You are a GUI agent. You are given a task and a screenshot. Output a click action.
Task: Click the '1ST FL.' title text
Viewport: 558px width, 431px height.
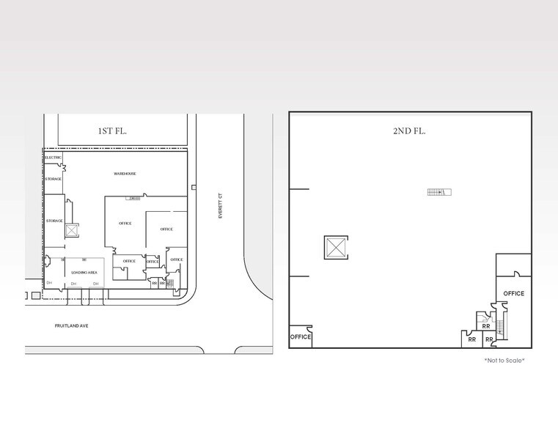click(x=113, y=131)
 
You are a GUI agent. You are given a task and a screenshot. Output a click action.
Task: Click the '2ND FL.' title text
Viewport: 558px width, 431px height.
click(x=410, y=131)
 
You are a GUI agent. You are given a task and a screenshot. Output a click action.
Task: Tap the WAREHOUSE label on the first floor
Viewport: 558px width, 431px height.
click(x=125, y=174)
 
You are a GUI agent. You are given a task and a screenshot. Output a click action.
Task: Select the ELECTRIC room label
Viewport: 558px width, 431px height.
click(x=53, y=158)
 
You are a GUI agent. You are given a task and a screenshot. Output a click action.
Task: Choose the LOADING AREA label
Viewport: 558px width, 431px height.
click(x=85, y=273)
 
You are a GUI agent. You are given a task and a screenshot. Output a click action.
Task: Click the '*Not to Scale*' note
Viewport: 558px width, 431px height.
click(x=504, y=360)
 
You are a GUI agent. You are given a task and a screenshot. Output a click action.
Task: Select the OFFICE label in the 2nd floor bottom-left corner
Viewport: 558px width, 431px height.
click(x=301, y=337)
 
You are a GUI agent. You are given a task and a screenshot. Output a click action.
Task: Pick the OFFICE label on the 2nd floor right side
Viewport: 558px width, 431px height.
click(x=514, y=294)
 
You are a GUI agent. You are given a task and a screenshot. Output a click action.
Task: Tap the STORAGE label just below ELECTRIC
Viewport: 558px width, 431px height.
click(x=53, y=179)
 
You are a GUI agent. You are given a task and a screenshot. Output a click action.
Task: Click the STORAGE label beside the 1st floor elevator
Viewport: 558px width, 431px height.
click(x=54, y=221)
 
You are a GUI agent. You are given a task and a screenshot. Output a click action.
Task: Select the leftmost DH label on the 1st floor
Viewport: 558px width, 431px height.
click(x=50, y=282)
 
